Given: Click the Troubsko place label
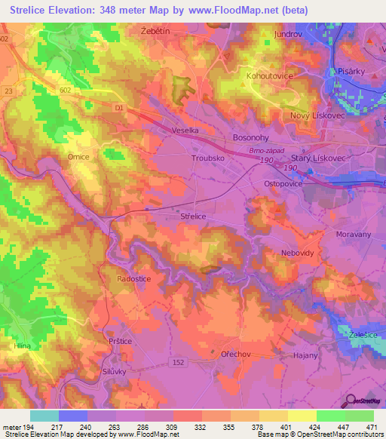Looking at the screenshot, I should [x=208, y=159].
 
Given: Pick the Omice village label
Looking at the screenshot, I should [x=78, y=157].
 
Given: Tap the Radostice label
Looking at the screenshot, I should [x=134, y=278].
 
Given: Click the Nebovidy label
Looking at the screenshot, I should [x=296, y=253].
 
